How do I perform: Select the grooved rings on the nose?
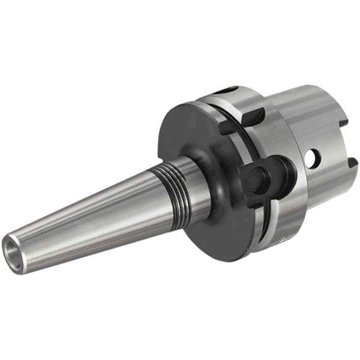pos(171,182)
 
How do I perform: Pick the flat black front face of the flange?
pos(180,129)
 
